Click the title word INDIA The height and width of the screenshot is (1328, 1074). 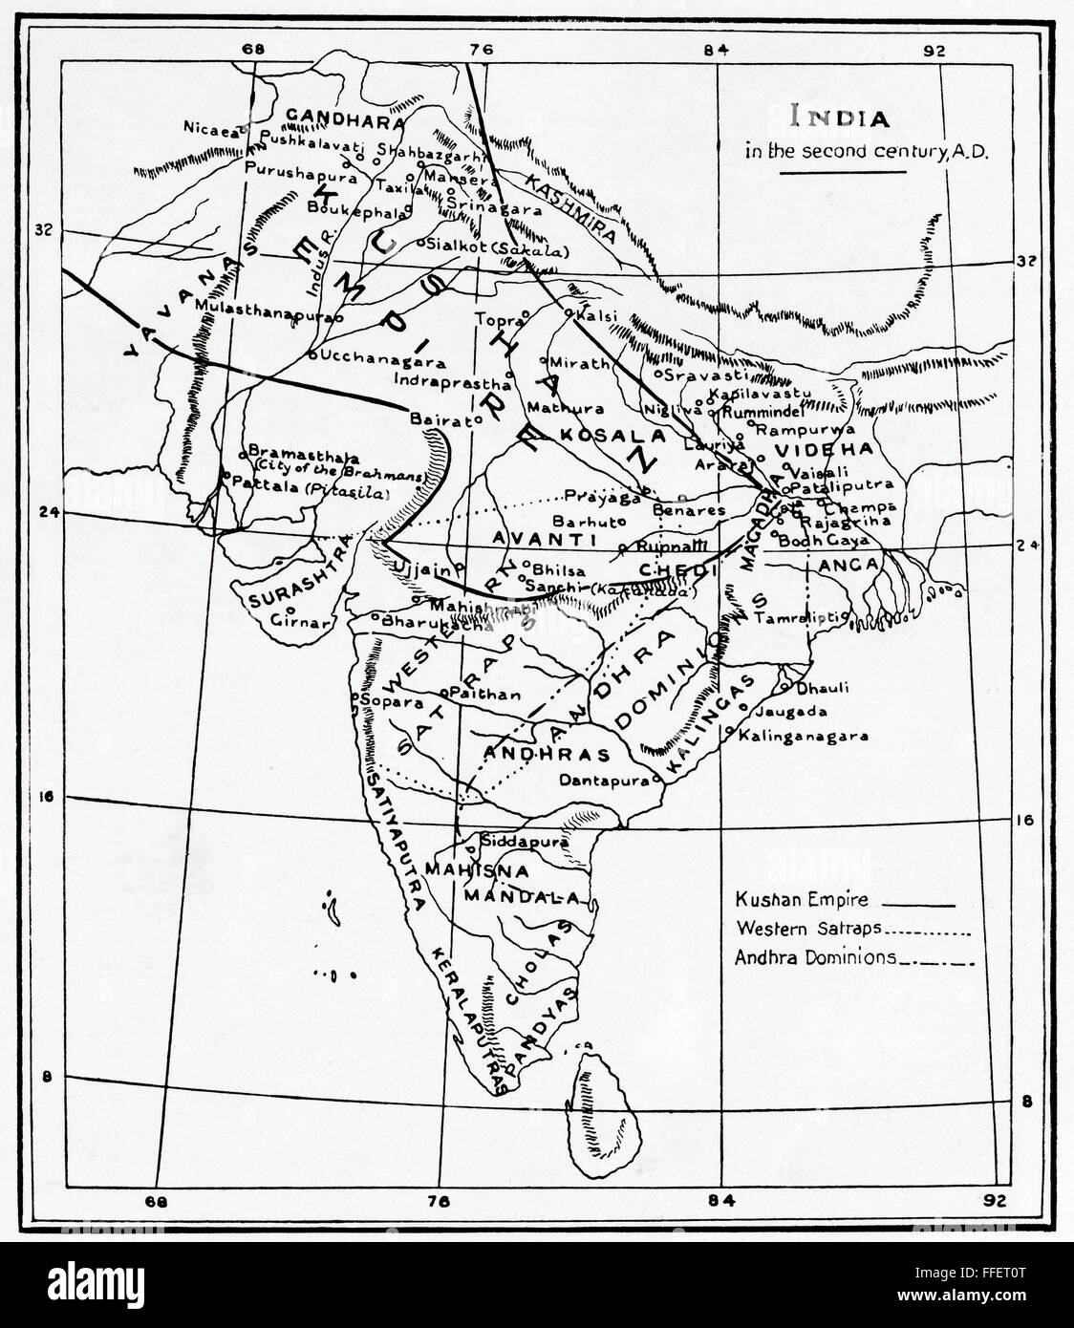828,118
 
